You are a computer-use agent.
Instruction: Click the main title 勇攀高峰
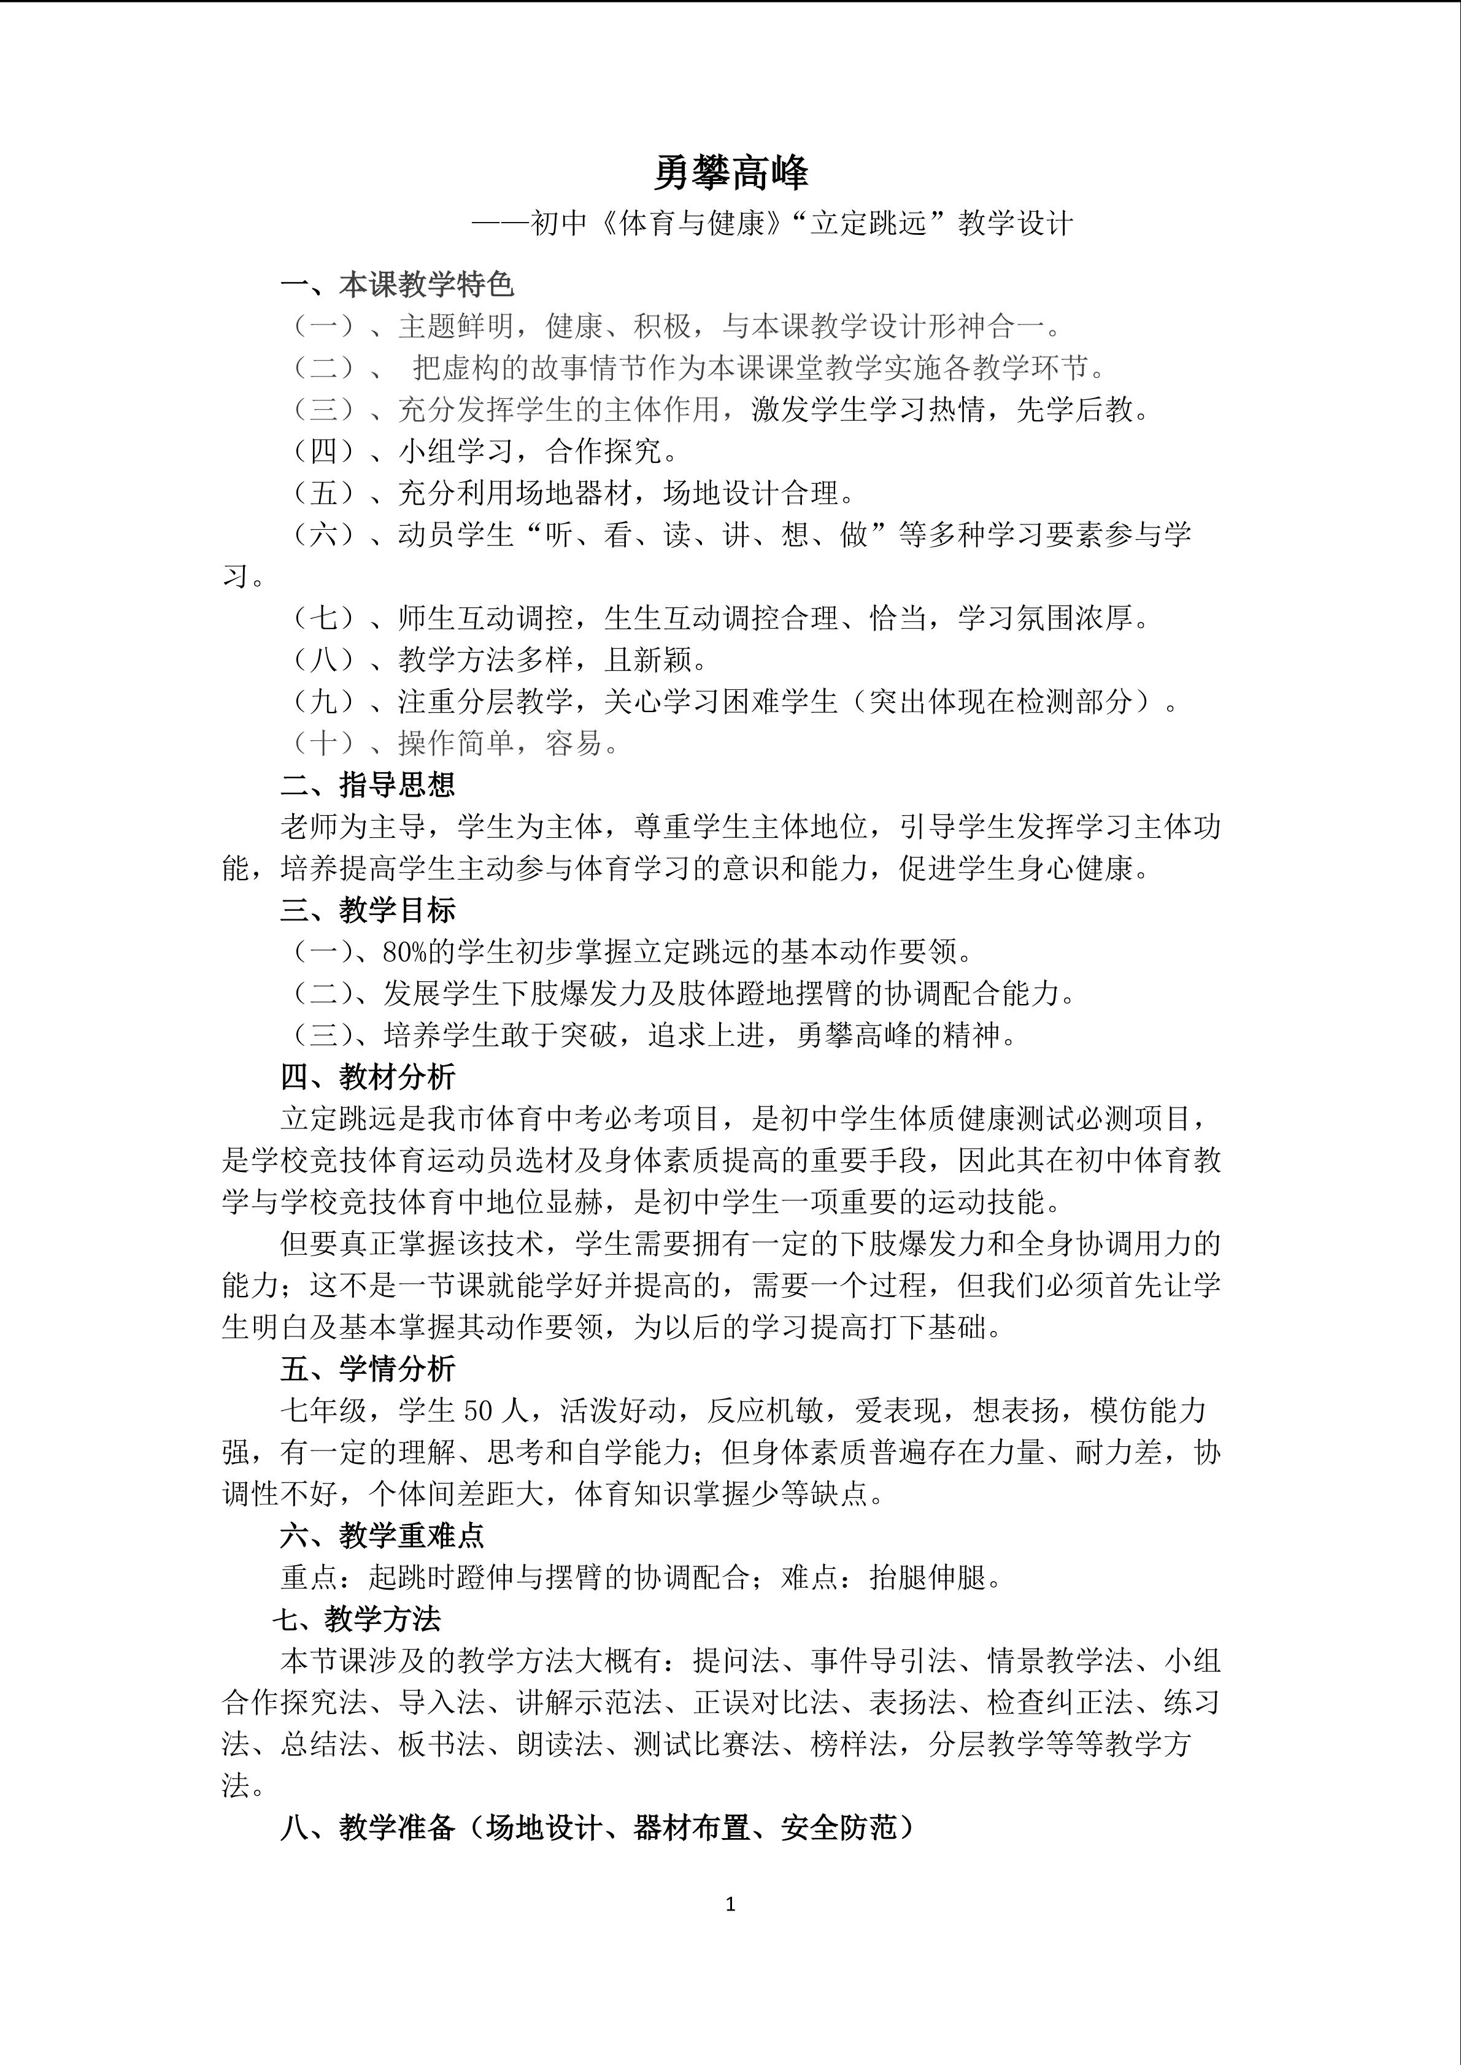tap(730, 173)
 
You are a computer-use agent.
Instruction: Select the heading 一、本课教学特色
tap(397, 285)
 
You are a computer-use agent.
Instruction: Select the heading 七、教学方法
tap(357, 1619)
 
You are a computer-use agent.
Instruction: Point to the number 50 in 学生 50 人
tap(479, 1410)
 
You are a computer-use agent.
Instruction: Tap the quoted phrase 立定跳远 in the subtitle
tap(868, 223)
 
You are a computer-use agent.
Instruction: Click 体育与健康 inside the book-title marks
tap(691, 223)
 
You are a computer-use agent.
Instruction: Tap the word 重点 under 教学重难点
tap(309, 1577)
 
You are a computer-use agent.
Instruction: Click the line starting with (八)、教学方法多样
tap(499, 660)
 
